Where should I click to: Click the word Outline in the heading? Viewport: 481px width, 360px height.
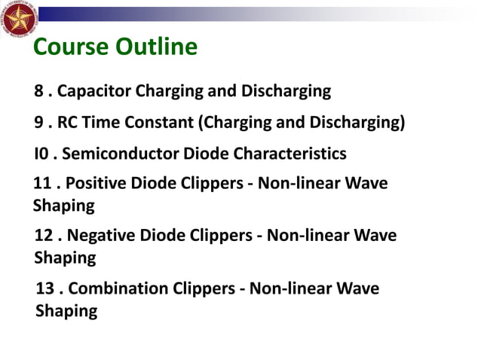pyautogui.click(x=157, y=48)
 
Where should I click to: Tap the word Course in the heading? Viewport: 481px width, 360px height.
pyautogui.click(x=71, y=48)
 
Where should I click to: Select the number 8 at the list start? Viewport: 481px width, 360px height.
pyautogui.click(x=39, y=92)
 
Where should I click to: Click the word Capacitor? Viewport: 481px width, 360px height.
pyautogui.click(x=94, y=92)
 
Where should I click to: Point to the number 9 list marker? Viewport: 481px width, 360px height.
pyautogui.click(x=39, y=123)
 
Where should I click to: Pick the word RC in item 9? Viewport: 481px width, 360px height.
pyautogui.click(x=69, y=123)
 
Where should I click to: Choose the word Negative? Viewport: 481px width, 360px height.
pyautogui.click(x=98, y=237)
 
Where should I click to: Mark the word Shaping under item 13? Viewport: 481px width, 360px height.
pyautogui.click(x=66, y=310)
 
